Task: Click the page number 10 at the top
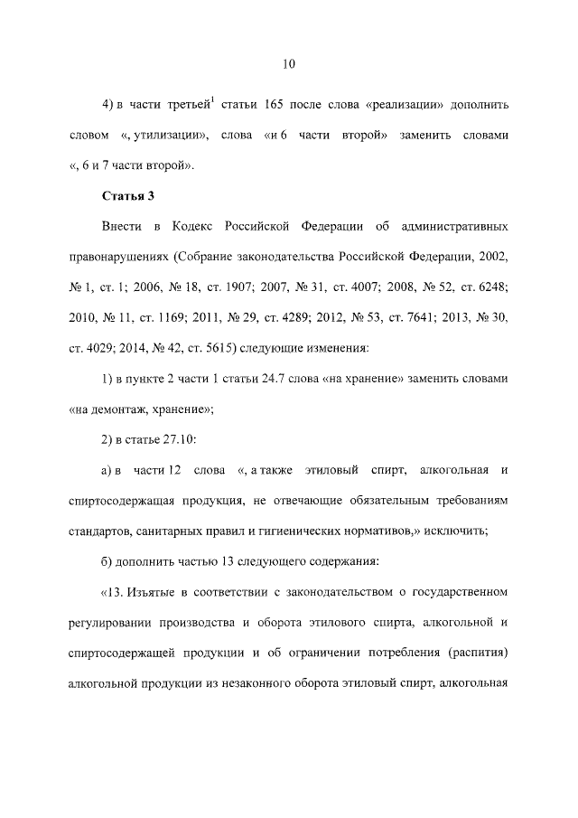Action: [x=289, y=63]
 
